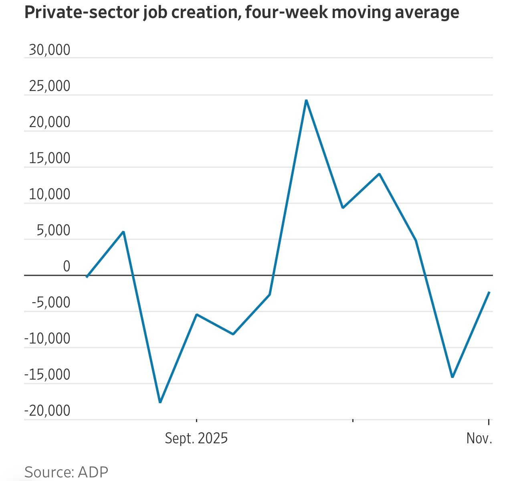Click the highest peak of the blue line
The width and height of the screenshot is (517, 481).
306,100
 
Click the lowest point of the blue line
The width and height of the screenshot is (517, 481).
160,402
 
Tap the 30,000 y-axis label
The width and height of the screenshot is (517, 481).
49,50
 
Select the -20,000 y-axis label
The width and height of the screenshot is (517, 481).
47,411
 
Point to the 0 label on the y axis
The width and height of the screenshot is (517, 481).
66,267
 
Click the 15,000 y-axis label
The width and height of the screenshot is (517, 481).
49,158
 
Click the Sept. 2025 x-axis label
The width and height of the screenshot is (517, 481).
196,438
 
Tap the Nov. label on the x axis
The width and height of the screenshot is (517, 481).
479,438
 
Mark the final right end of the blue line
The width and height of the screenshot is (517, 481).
489,292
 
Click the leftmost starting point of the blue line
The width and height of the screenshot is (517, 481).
87,277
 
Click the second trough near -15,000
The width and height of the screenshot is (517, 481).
452,377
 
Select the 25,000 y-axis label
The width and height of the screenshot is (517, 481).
49,86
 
